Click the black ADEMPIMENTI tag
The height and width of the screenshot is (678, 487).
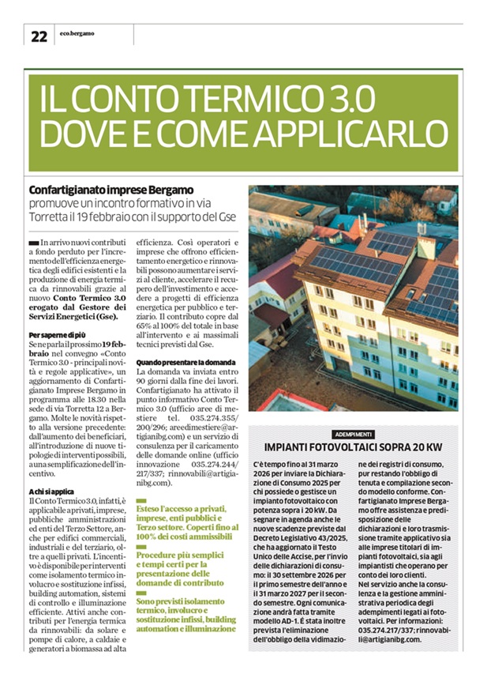tap(352, 434)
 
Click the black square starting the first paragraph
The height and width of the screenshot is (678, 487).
tap(33, 241)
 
